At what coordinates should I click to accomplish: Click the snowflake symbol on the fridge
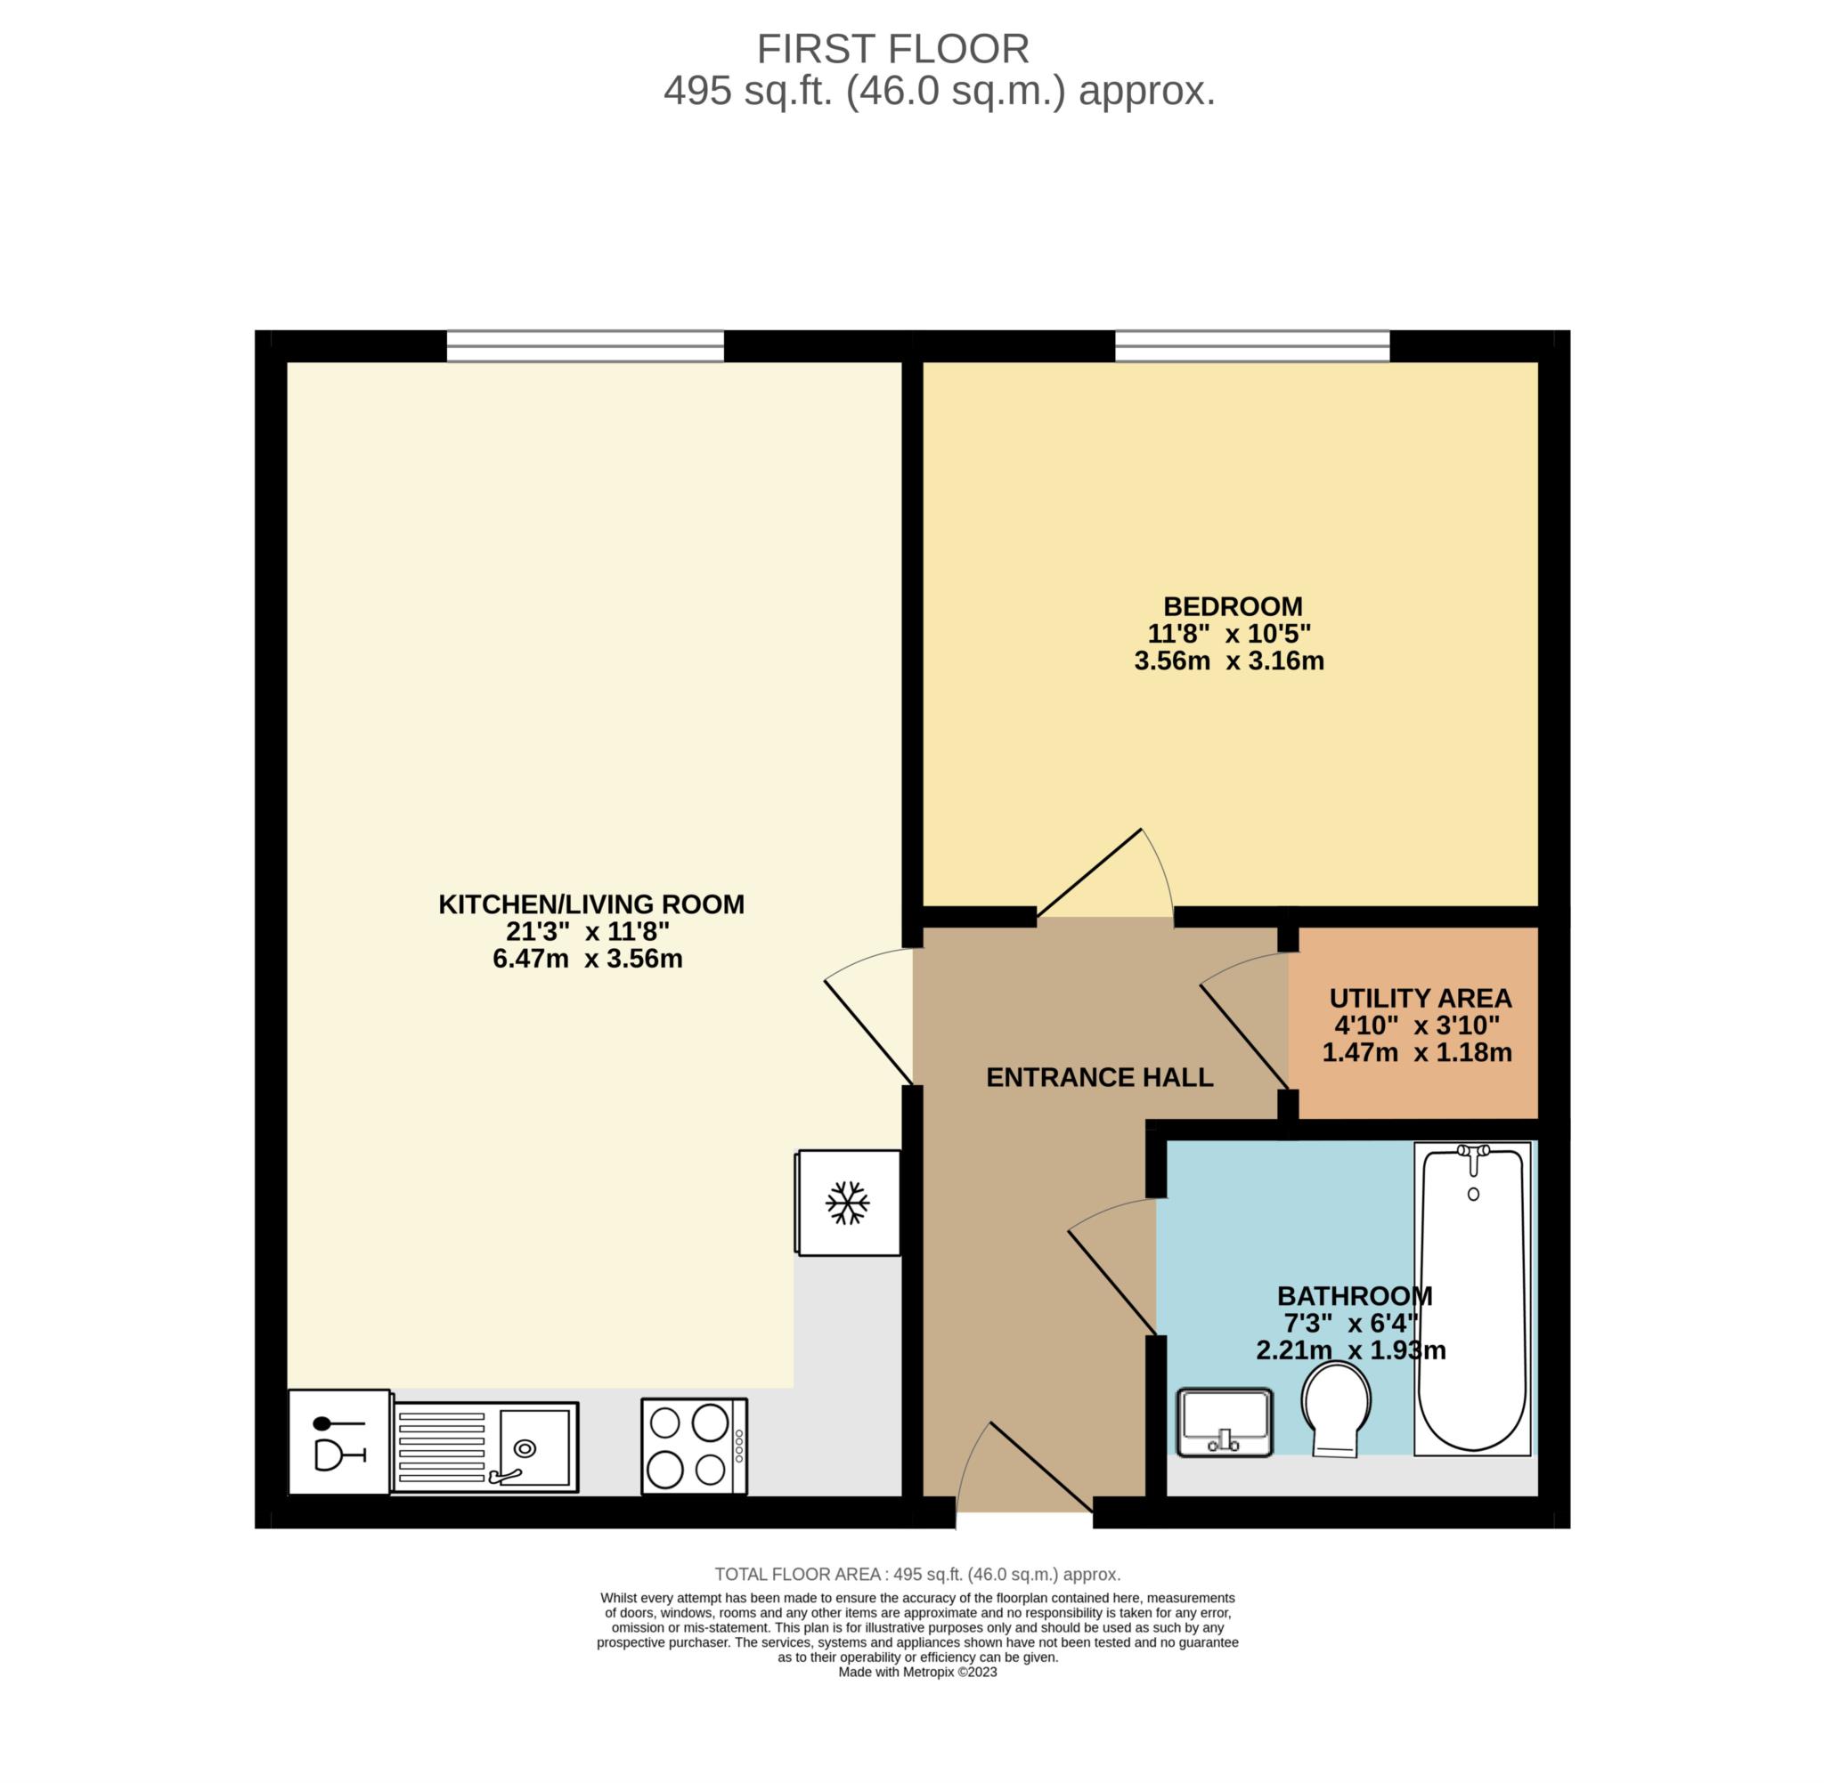click(x=847, y=1203)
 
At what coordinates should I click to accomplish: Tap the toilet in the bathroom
click(x=1336, y=1409)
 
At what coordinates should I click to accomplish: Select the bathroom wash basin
click(x=1225, y=1422)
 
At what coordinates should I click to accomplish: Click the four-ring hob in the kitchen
click(x=694, y=1446)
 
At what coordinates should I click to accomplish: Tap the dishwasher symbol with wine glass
click(x=339, y=1442)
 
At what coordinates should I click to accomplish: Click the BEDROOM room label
click(x=1233, y=607)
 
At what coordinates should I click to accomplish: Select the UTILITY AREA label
click(x=1421, y=998)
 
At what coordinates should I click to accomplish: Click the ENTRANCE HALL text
click(x=1100, y=1078)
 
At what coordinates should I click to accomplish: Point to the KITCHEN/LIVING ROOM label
click(x=591, y=904)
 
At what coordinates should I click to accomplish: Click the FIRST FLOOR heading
click(x=892, y=49)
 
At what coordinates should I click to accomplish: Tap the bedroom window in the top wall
click(x=1251, y=345)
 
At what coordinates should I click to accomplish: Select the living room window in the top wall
click(x=585, y=345)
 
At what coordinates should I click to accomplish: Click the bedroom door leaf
click(x=1088, y=872)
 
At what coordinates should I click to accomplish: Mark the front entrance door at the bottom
click(x=1041, y=1466)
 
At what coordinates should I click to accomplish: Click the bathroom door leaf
click(x=1112, y=1282)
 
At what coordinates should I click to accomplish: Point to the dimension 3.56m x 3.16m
click(x=1229, y=661)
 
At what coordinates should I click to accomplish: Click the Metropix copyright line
click(x=917, y=1672)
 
